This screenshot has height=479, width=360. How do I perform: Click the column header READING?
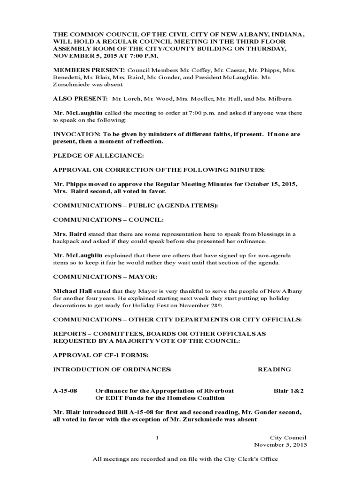click(274, 369)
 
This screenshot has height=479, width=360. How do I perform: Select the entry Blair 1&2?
click(288, 390)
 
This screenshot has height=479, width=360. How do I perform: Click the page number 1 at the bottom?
click(158, 437)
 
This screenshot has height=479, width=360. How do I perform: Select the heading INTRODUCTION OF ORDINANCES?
click(113, 369)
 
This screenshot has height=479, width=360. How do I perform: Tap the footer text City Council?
click(288, 437)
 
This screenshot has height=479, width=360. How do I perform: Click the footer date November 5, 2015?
click(280, 444)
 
